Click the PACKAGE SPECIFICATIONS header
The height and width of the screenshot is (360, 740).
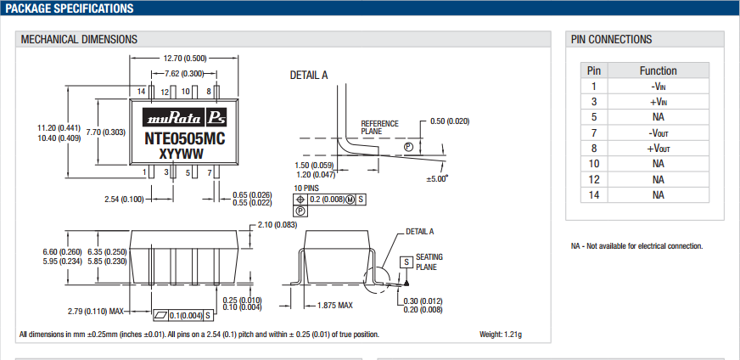click(70, 8)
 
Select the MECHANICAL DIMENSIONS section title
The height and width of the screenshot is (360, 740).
click(79, 39)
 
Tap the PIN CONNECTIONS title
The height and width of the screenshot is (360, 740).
click(611, 39)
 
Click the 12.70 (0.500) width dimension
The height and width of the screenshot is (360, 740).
click(184, 58)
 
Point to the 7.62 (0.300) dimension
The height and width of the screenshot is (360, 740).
click(184, 74)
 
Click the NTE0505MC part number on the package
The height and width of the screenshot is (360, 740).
click(184, 138)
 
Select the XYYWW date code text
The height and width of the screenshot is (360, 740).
click(182, 154)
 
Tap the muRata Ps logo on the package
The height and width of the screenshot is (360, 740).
click(183, 118)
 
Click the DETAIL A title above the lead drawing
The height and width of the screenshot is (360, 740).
click(309, 76)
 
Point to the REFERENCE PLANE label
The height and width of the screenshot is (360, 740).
click(378, 127)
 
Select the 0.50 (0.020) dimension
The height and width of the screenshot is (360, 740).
click(450, 121)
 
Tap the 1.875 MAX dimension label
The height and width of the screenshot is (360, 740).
click(334, 305)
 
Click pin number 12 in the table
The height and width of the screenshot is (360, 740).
click(594, 179)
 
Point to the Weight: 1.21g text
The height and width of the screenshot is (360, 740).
click(502, 334)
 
